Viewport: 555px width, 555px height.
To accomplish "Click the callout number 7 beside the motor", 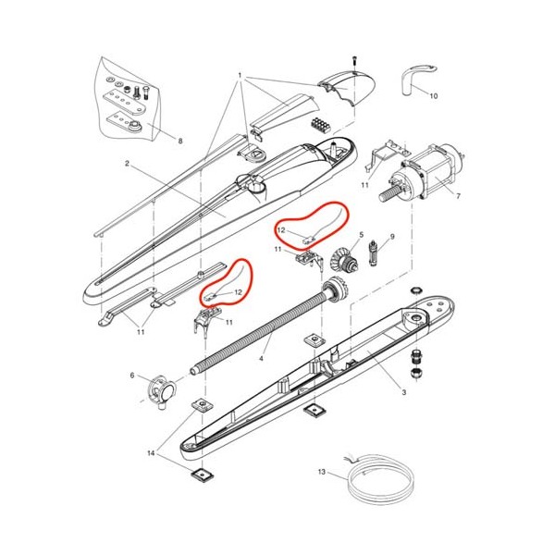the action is (x=459, y=196).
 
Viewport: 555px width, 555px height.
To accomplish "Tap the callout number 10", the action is (x=434, y=96).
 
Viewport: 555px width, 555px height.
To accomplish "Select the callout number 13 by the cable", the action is (x=321, y=472).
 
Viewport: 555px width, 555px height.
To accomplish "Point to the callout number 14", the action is (x=151, y=453).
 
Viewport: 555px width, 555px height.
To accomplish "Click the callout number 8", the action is (x=180, y=141).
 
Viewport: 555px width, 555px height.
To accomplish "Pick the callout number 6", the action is (x=132, y=376).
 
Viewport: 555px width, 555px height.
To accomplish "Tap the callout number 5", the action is (x=362, y=235).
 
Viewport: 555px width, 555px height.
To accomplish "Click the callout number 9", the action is (x=392, y=237).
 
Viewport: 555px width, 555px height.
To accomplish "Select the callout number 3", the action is (x=404, y=392).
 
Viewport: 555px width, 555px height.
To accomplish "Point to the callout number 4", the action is (x=261, y=359).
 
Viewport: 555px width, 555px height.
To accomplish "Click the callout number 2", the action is (x=127, y=164).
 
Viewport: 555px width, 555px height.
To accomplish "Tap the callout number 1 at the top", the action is (x=240, y=76).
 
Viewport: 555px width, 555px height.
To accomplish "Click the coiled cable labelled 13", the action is (x=379, y=478).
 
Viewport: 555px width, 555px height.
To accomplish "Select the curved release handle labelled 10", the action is (x=418, y=79).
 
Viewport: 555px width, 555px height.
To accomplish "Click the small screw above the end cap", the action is (x=353, y=60).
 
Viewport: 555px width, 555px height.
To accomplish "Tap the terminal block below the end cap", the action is (x=321, y=125).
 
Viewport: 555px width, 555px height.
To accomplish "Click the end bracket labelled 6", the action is (x=161, y=390).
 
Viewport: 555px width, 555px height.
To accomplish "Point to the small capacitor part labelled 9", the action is (x=374, y=254).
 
